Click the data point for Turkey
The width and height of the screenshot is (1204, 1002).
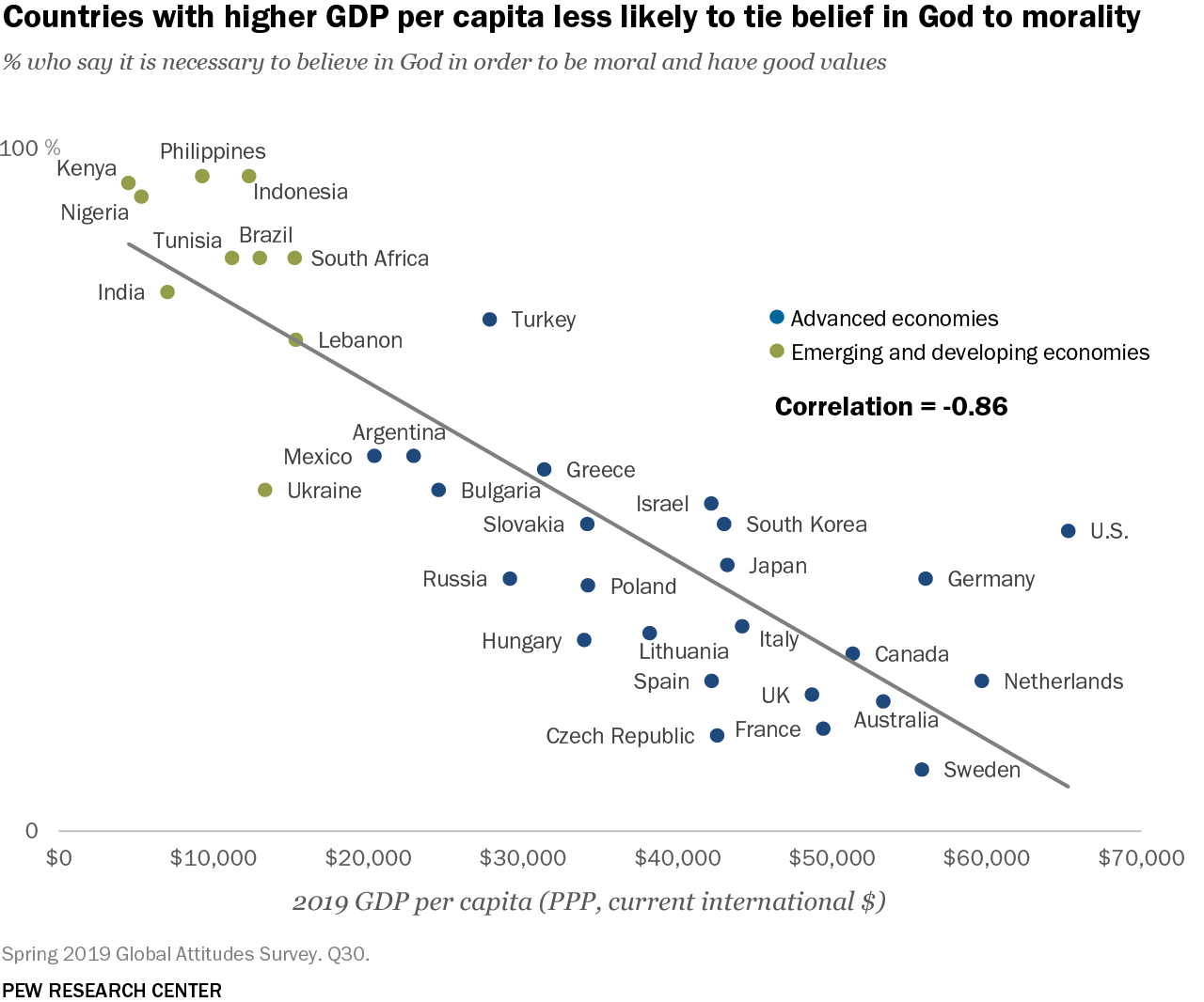(489, 320)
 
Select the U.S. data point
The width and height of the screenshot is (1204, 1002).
(1068, 531)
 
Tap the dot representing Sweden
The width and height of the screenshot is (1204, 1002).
(922, 770)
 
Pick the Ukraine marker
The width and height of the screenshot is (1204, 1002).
(265, 490)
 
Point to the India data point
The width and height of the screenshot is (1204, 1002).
(167, 292)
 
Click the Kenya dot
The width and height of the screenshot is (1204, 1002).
(129, 183)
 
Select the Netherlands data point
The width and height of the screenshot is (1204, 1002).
(982, 681)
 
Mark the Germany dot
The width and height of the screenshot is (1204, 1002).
(926, 579)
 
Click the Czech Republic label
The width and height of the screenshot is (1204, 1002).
(620, 736)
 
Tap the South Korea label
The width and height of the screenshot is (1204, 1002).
(806, 524)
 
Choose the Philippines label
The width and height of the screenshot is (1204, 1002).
(213, 151)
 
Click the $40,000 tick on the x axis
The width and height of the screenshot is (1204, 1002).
(677, 858)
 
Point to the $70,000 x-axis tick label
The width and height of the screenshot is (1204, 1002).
(1141, 858)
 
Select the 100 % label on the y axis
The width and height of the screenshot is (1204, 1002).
(30, 149)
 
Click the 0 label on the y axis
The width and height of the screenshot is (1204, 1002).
(32, 831)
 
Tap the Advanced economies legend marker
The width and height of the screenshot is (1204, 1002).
(776, 318)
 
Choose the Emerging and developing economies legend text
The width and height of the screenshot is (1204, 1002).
(970, 352)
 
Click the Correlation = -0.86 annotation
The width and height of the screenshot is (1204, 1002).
(891, 406)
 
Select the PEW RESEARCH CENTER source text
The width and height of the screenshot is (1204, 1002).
(112, 991)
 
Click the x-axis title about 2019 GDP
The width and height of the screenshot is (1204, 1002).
(589, 902)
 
